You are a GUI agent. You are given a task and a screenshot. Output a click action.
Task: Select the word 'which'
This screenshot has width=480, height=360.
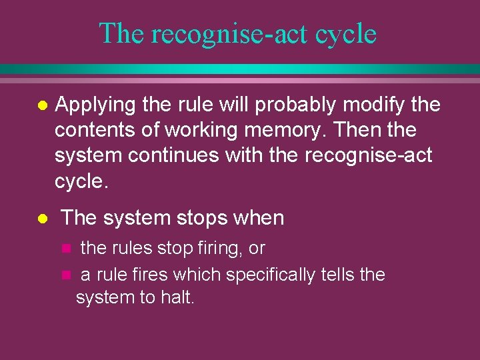point(199,274)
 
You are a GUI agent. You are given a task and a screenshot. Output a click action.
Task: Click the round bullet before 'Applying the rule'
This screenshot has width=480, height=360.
point(42,106)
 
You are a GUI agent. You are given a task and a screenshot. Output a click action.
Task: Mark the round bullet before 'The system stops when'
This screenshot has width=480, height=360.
point(42,219)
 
